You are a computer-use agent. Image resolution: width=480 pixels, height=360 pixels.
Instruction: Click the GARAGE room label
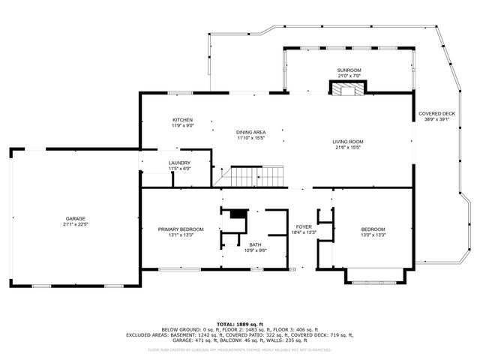(x=74, y=218)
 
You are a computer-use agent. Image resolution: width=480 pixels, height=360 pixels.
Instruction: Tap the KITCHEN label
(x=183, y=120)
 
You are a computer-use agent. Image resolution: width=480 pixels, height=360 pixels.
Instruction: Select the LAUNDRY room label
(x=179, y=163)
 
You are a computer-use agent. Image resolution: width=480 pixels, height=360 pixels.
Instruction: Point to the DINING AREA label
(x=251, y=132)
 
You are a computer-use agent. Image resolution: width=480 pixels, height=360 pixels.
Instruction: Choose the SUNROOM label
(x=349, y=70)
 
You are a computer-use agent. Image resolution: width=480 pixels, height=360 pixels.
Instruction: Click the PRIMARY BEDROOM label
(x=181, y=229)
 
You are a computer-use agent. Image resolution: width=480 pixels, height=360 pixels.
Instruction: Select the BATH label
(x=256, y=244)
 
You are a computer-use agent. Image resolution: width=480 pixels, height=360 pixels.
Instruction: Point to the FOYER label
(x=303, y=226)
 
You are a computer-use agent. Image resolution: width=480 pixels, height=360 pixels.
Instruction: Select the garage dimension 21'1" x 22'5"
(x=74, y=224)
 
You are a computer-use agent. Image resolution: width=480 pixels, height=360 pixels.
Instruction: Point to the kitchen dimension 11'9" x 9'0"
(x=183, y=126)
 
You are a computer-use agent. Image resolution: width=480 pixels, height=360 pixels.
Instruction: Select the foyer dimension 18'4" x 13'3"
(x=303, y=232)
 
